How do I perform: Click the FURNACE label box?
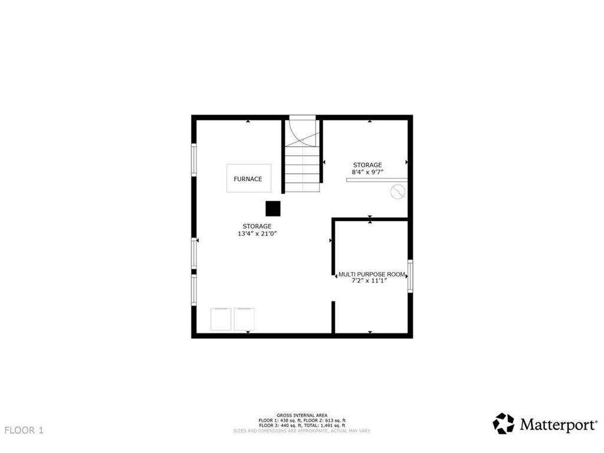tap(248, 179)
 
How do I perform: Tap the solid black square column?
tap(273, 209)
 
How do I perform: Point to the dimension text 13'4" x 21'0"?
tap(257, 234)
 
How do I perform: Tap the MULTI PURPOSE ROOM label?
tap(372, 274)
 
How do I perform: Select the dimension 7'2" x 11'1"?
tap(372, 281)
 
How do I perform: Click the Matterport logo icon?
tap(503, 424)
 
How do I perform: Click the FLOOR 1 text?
tap(24, 431)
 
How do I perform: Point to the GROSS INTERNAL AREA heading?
tap(302, 415)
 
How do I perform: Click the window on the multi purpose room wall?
tap(410, 276)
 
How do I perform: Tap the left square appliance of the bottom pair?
tap(222, 319)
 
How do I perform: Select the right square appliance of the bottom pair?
tap(245, 319)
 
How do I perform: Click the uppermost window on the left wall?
tap(193, 159)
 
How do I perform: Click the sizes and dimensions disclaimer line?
tap(302, 431)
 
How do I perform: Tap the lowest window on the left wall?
tap(193, 290)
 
